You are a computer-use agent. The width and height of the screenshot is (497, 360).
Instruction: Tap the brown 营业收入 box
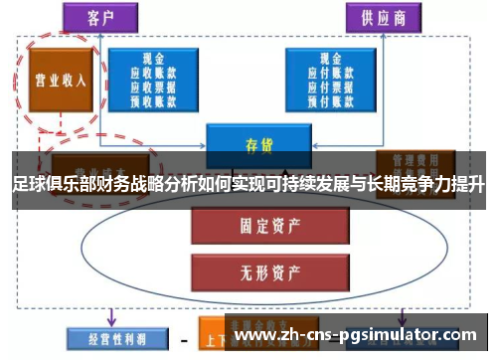(60, 81)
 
